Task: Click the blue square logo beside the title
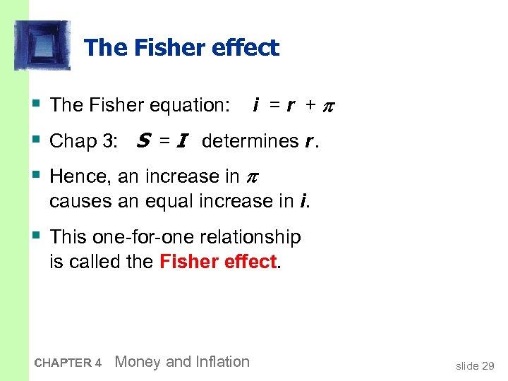42,45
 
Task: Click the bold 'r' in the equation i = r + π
289,106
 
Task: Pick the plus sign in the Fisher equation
309,105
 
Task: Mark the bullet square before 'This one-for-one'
35,236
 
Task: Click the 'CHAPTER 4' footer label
68,363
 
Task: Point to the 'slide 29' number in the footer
475,365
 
